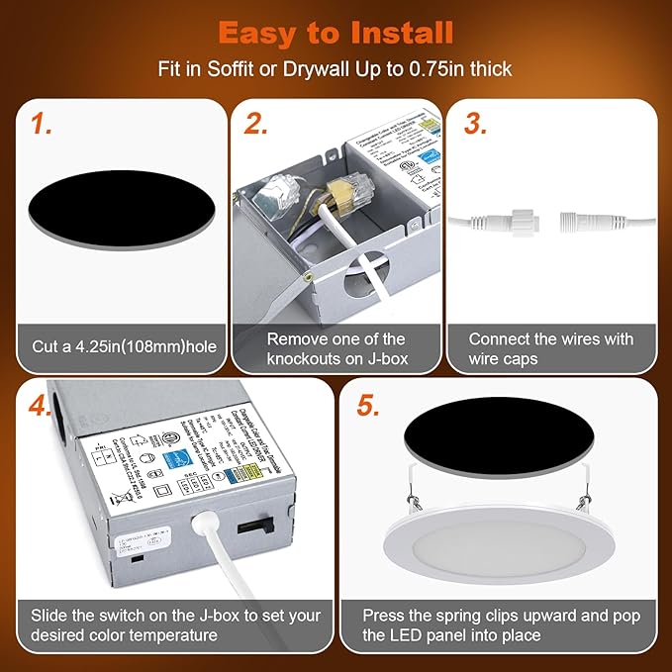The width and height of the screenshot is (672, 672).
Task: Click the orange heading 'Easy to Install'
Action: tap(336, 32)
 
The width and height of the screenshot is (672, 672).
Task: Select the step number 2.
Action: tap(256, 124)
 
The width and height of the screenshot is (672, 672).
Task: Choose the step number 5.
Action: tap(367, 407)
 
